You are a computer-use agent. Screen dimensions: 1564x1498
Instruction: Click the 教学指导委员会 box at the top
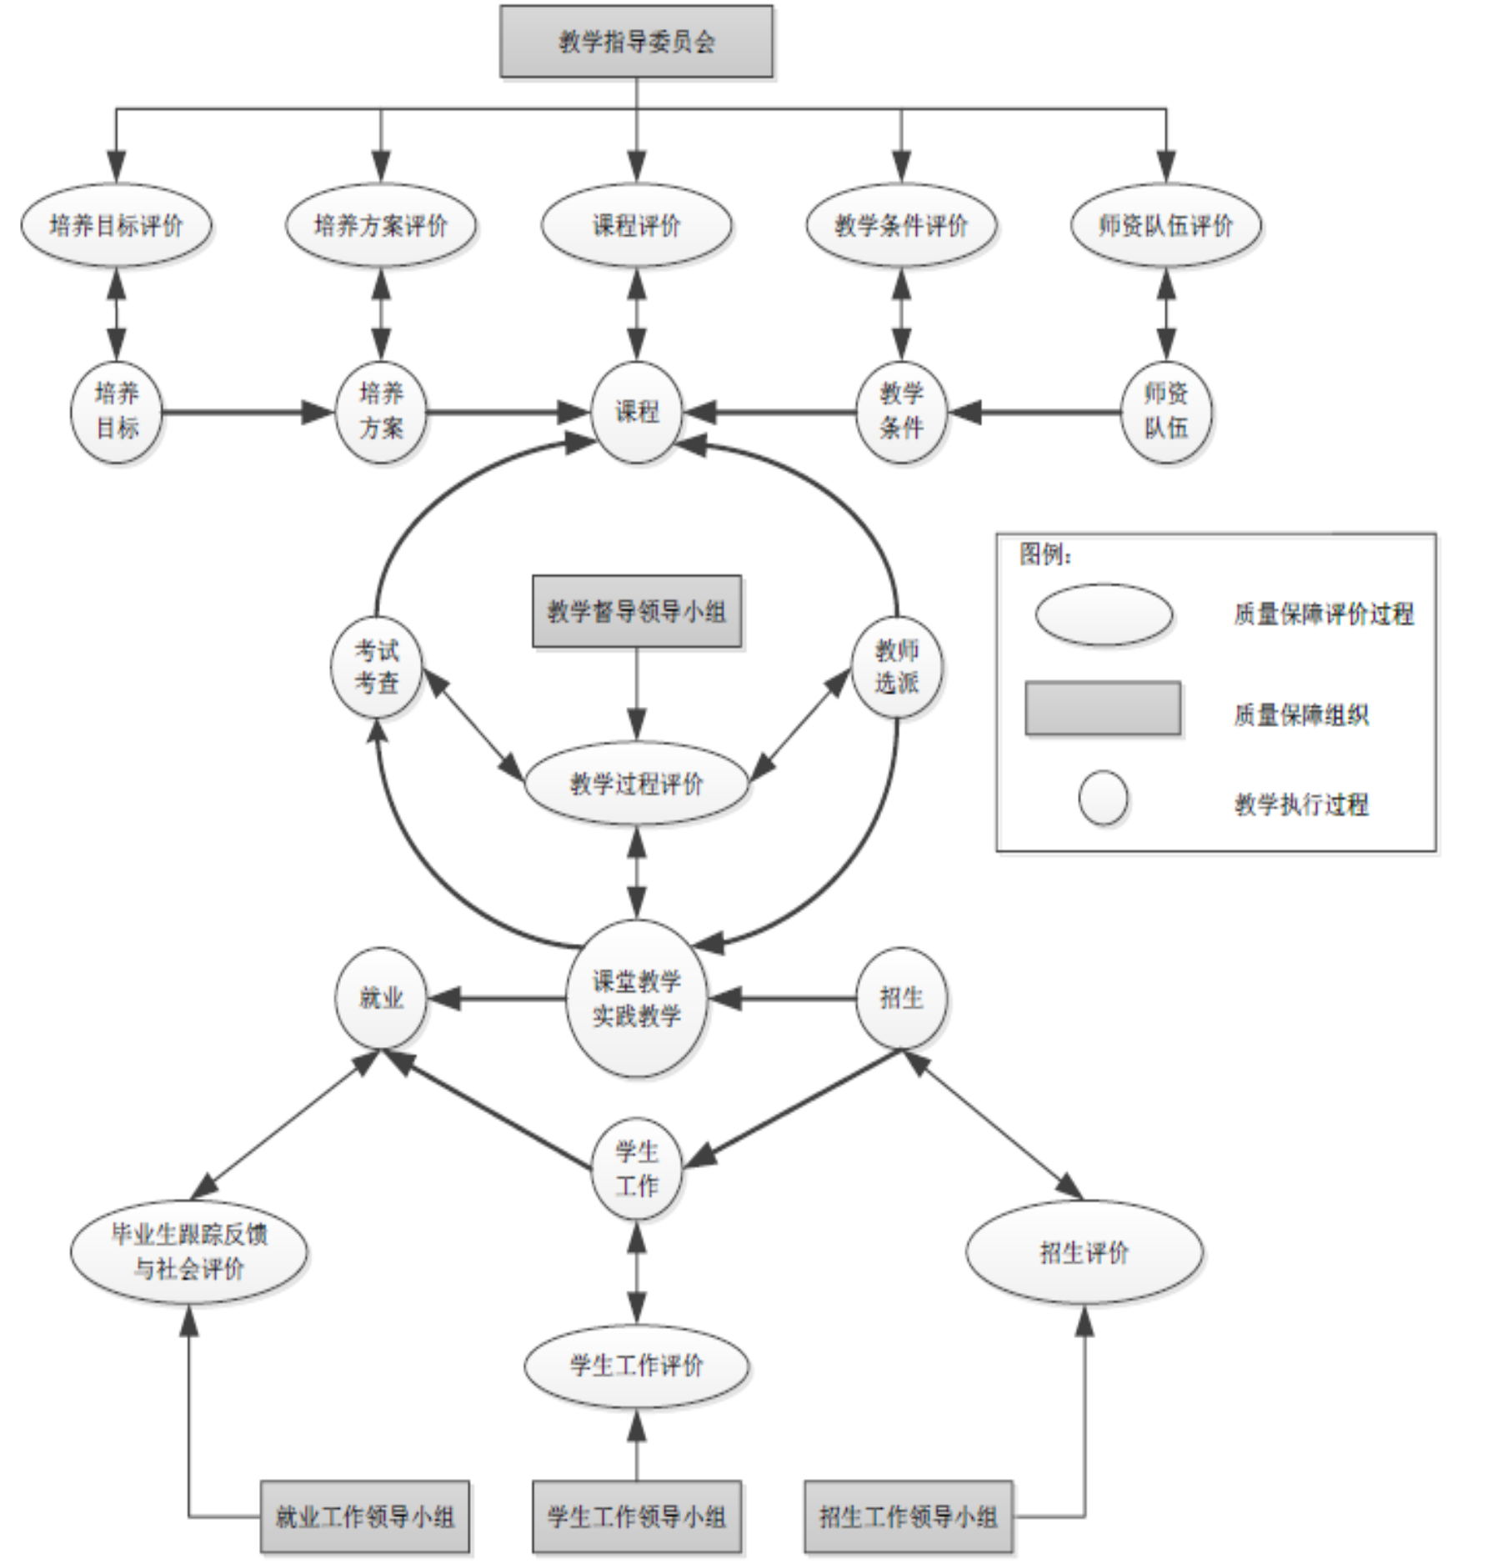coord(636,42)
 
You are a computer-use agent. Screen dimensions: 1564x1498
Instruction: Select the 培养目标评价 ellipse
coord(116,225)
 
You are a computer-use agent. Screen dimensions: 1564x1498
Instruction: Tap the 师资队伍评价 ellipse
coord(1165,225)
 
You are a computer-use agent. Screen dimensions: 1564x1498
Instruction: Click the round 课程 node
coord(637,412)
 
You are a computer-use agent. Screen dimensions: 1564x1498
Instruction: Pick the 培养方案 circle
coord(381,412)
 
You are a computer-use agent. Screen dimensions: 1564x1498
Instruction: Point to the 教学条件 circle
coord(901,412)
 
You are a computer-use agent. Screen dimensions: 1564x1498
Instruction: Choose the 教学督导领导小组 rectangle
coord(637,611)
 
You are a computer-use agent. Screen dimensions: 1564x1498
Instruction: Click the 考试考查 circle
coord(377,667)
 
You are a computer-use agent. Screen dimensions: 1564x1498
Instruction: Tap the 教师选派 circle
coord(897,667)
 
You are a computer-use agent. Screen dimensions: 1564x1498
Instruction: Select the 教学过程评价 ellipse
coord(637,784)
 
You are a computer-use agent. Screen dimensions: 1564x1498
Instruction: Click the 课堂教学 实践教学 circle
coord(637,998)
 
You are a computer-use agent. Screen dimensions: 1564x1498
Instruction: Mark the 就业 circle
coord(381,998)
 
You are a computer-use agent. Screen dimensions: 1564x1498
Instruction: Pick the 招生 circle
coord(901,998)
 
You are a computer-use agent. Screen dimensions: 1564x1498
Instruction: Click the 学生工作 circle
coord(637,1169)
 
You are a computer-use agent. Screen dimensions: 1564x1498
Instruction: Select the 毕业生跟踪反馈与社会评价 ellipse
coord(189,1252)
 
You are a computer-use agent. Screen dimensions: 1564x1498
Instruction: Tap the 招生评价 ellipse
coord(1084,1252)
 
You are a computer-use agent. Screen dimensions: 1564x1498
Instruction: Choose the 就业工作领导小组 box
coord(365,1516)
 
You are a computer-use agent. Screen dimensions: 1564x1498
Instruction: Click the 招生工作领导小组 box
coord(909,1516)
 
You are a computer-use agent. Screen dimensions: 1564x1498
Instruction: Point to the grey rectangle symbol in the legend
coord(1103,709)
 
